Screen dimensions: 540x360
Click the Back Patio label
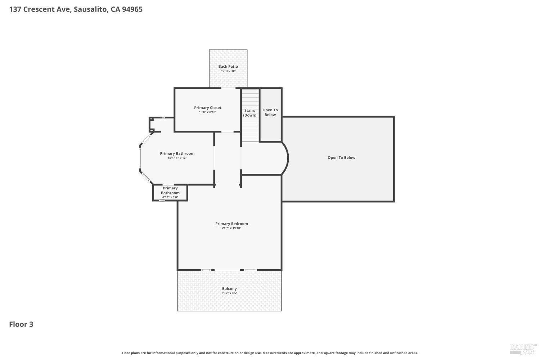pyautogui.click(x=228, y=66)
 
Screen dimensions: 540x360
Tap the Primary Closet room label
pyautogui.click(x=208, y=108)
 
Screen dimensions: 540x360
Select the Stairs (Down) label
pyautogui.click(x=249, y=113)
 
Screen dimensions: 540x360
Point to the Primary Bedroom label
pyautogui.click(x=231, y=224)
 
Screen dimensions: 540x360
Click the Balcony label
pyautogui.click(x=229, y=289)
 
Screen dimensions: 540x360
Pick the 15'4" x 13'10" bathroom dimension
pyautogui.click(x=177, y=158)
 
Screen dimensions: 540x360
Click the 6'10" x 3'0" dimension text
pyautogui.click(x=170, y=197)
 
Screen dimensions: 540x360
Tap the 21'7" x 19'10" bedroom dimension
pyautogui.click(x=231, y=228)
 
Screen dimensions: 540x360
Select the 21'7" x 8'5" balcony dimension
pyautogui.click(x=229, y=293)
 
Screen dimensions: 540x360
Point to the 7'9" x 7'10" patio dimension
pyautogui.click(x=228, y=71)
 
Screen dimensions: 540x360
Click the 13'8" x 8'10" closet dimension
pyautogui.click(x=208, y=112)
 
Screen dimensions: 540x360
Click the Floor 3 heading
pyautogui.click(x=21, y=324)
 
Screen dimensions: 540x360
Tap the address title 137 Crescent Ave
pyautogui.click(x=40, y=9)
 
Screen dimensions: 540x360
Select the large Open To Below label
pyautogui.click(x=341, y=157)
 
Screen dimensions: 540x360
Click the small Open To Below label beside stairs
pyautogui.click(x=270, y=112)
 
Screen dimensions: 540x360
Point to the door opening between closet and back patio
pyautogui.click(x=228, y=88)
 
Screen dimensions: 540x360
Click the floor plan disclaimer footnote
pyautogui.click(x=270, y=353)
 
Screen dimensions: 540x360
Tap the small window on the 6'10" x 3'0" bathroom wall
pyautogui.click(x=162, y=201)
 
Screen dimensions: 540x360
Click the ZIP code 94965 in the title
pyautogui.click(x=132, y=9)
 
